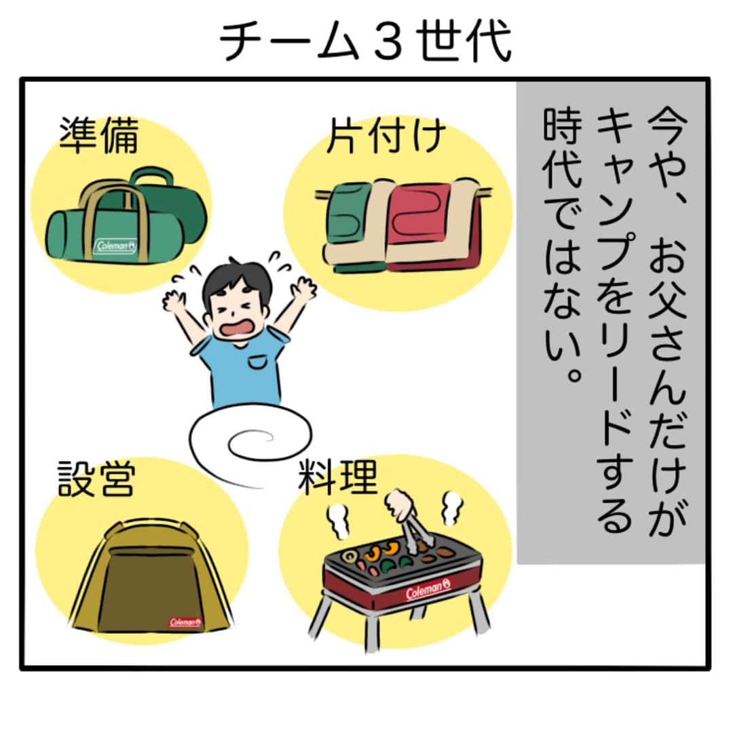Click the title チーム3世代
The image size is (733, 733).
coord(365,41)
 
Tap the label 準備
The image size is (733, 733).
coord(98,136)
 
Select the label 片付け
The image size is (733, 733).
coord(386,136)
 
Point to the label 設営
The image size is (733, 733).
coord(96,478)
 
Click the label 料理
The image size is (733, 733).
coord(338,477)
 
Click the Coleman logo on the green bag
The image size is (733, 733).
coord(115,246)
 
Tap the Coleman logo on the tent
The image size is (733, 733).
coord(185,622)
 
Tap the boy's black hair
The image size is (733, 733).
coord(236,280)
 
